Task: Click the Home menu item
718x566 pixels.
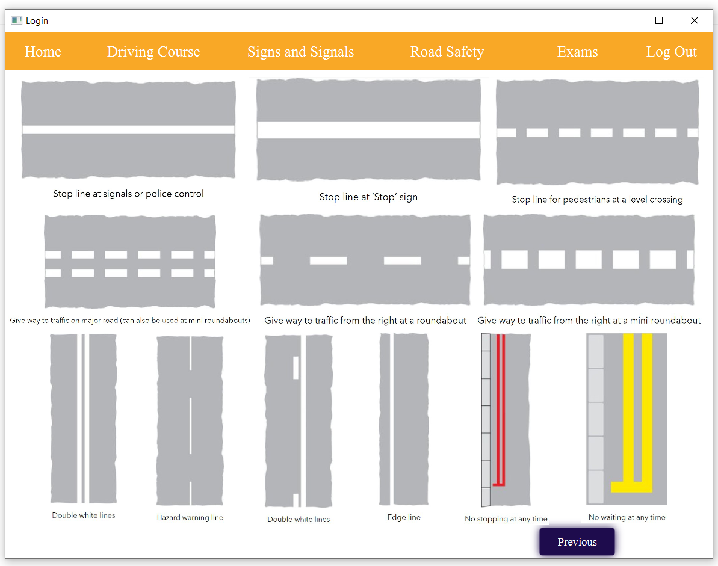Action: click(43, 52)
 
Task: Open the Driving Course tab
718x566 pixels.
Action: click(153, 52)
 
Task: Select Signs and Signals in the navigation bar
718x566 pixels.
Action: click(300, 52)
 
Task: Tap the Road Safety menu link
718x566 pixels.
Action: click(447, 52)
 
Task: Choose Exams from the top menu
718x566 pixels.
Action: click(577, 52)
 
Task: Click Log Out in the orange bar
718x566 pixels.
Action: click(671, 52)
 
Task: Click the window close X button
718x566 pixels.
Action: click(694, 20)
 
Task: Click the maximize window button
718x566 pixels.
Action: click(659, 20)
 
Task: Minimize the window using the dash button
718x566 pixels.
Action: click(624, 20)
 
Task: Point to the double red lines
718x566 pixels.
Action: click(500, 409)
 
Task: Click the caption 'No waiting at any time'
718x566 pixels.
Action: click(627, 517)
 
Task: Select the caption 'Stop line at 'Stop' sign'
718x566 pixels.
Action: click(368, 197)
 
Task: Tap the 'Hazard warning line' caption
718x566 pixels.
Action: click(190, 517)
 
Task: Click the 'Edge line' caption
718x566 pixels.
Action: click(404, 517)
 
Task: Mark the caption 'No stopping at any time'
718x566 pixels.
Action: click(506, 519)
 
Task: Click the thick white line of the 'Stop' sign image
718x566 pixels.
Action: click(368, 130)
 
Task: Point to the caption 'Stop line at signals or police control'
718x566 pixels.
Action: click(128, 194)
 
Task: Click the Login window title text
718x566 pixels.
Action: click(37, 21)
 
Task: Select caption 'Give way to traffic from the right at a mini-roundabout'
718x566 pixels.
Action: click(589, 321)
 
